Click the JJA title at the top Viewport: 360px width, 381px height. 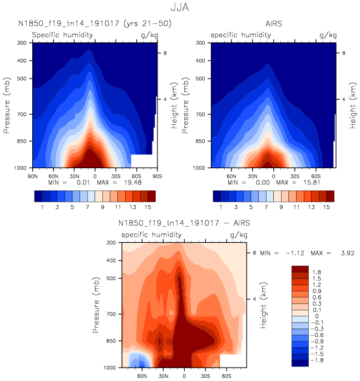click(179, 8)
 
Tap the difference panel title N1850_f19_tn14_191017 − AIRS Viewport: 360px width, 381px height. click(184, 223)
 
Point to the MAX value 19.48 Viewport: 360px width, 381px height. click(127, 182)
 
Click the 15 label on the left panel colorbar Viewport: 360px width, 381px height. click(148, 207)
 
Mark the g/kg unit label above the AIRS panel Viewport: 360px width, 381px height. click(328, 35)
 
